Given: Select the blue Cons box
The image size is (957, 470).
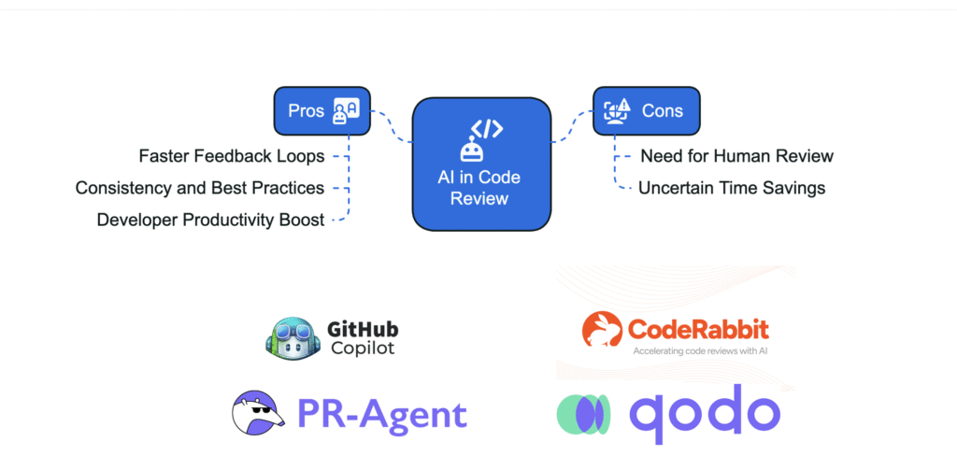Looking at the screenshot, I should [646, 110].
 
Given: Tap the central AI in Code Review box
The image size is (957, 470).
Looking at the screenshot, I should [479, 163].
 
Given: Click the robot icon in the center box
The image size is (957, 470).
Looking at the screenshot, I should [471, 150].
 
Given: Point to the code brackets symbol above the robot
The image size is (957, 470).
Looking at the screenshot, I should [486, 127].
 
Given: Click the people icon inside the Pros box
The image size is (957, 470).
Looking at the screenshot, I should [345, 111].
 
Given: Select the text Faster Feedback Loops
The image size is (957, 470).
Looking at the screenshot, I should [231, 156].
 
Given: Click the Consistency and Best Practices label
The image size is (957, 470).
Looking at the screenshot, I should [200, 188].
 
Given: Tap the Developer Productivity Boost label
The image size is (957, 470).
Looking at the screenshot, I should [210, 220].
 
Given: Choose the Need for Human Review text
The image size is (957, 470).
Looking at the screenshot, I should [736, 156].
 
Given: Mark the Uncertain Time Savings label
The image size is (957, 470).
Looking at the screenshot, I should [732, 188].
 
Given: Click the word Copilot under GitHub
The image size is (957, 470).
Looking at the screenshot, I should [363, 349].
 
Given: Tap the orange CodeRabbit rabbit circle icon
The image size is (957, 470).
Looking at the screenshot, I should [603, 331].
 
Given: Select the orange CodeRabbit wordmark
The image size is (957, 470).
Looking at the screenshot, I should [698, 329].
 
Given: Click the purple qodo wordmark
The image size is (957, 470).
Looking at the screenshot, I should [704, 411].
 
